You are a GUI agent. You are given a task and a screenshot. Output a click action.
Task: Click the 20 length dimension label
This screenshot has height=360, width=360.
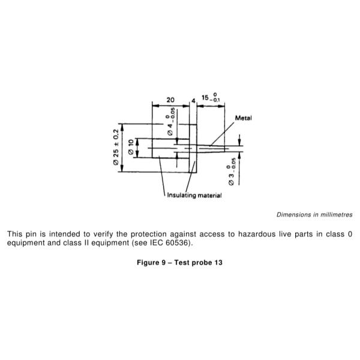(x=170, y=100)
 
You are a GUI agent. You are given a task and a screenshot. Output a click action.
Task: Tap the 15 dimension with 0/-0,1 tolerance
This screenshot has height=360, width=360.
(x=211, y=97)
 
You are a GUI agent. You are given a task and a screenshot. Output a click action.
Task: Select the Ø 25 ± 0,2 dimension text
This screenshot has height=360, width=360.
(x=116, y=147)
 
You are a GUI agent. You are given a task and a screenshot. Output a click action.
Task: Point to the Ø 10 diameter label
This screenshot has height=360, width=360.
(x=131, y=147)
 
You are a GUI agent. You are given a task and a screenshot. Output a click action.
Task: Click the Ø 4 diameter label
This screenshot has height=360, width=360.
(x=170, y=121)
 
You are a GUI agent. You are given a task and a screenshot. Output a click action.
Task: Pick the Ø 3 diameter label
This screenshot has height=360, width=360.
(x=232, y=172)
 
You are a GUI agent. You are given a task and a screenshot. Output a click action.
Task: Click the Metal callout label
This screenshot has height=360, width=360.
(x=244, y=118)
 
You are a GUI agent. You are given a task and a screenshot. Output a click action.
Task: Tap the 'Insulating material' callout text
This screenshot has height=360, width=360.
(x=194, y=196)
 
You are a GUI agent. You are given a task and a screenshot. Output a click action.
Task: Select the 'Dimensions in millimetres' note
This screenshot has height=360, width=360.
(x=314, y=215)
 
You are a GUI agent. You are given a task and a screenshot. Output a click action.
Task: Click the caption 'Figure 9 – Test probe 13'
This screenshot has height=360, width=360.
(x=179, y=262)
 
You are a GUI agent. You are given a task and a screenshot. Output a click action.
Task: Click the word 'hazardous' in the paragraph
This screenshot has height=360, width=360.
(x=257, y=234)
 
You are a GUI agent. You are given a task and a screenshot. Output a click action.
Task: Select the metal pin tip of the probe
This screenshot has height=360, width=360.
(x=211, y=148)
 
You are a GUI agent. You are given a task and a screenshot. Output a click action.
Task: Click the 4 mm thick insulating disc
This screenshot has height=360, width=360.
(x=193, y=148)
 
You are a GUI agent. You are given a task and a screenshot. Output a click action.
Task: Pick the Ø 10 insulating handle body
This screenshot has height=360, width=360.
(x=170, y=148)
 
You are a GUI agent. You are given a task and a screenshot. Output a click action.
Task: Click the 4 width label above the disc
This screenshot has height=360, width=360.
(x=193, y=101)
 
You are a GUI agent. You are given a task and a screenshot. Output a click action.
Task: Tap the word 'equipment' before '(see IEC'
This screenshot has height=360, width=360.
(x=110, y=243)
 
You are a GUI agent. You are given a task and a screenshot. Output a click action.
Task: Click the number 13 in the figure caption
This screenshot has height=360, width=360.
(x=218, y=262)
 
